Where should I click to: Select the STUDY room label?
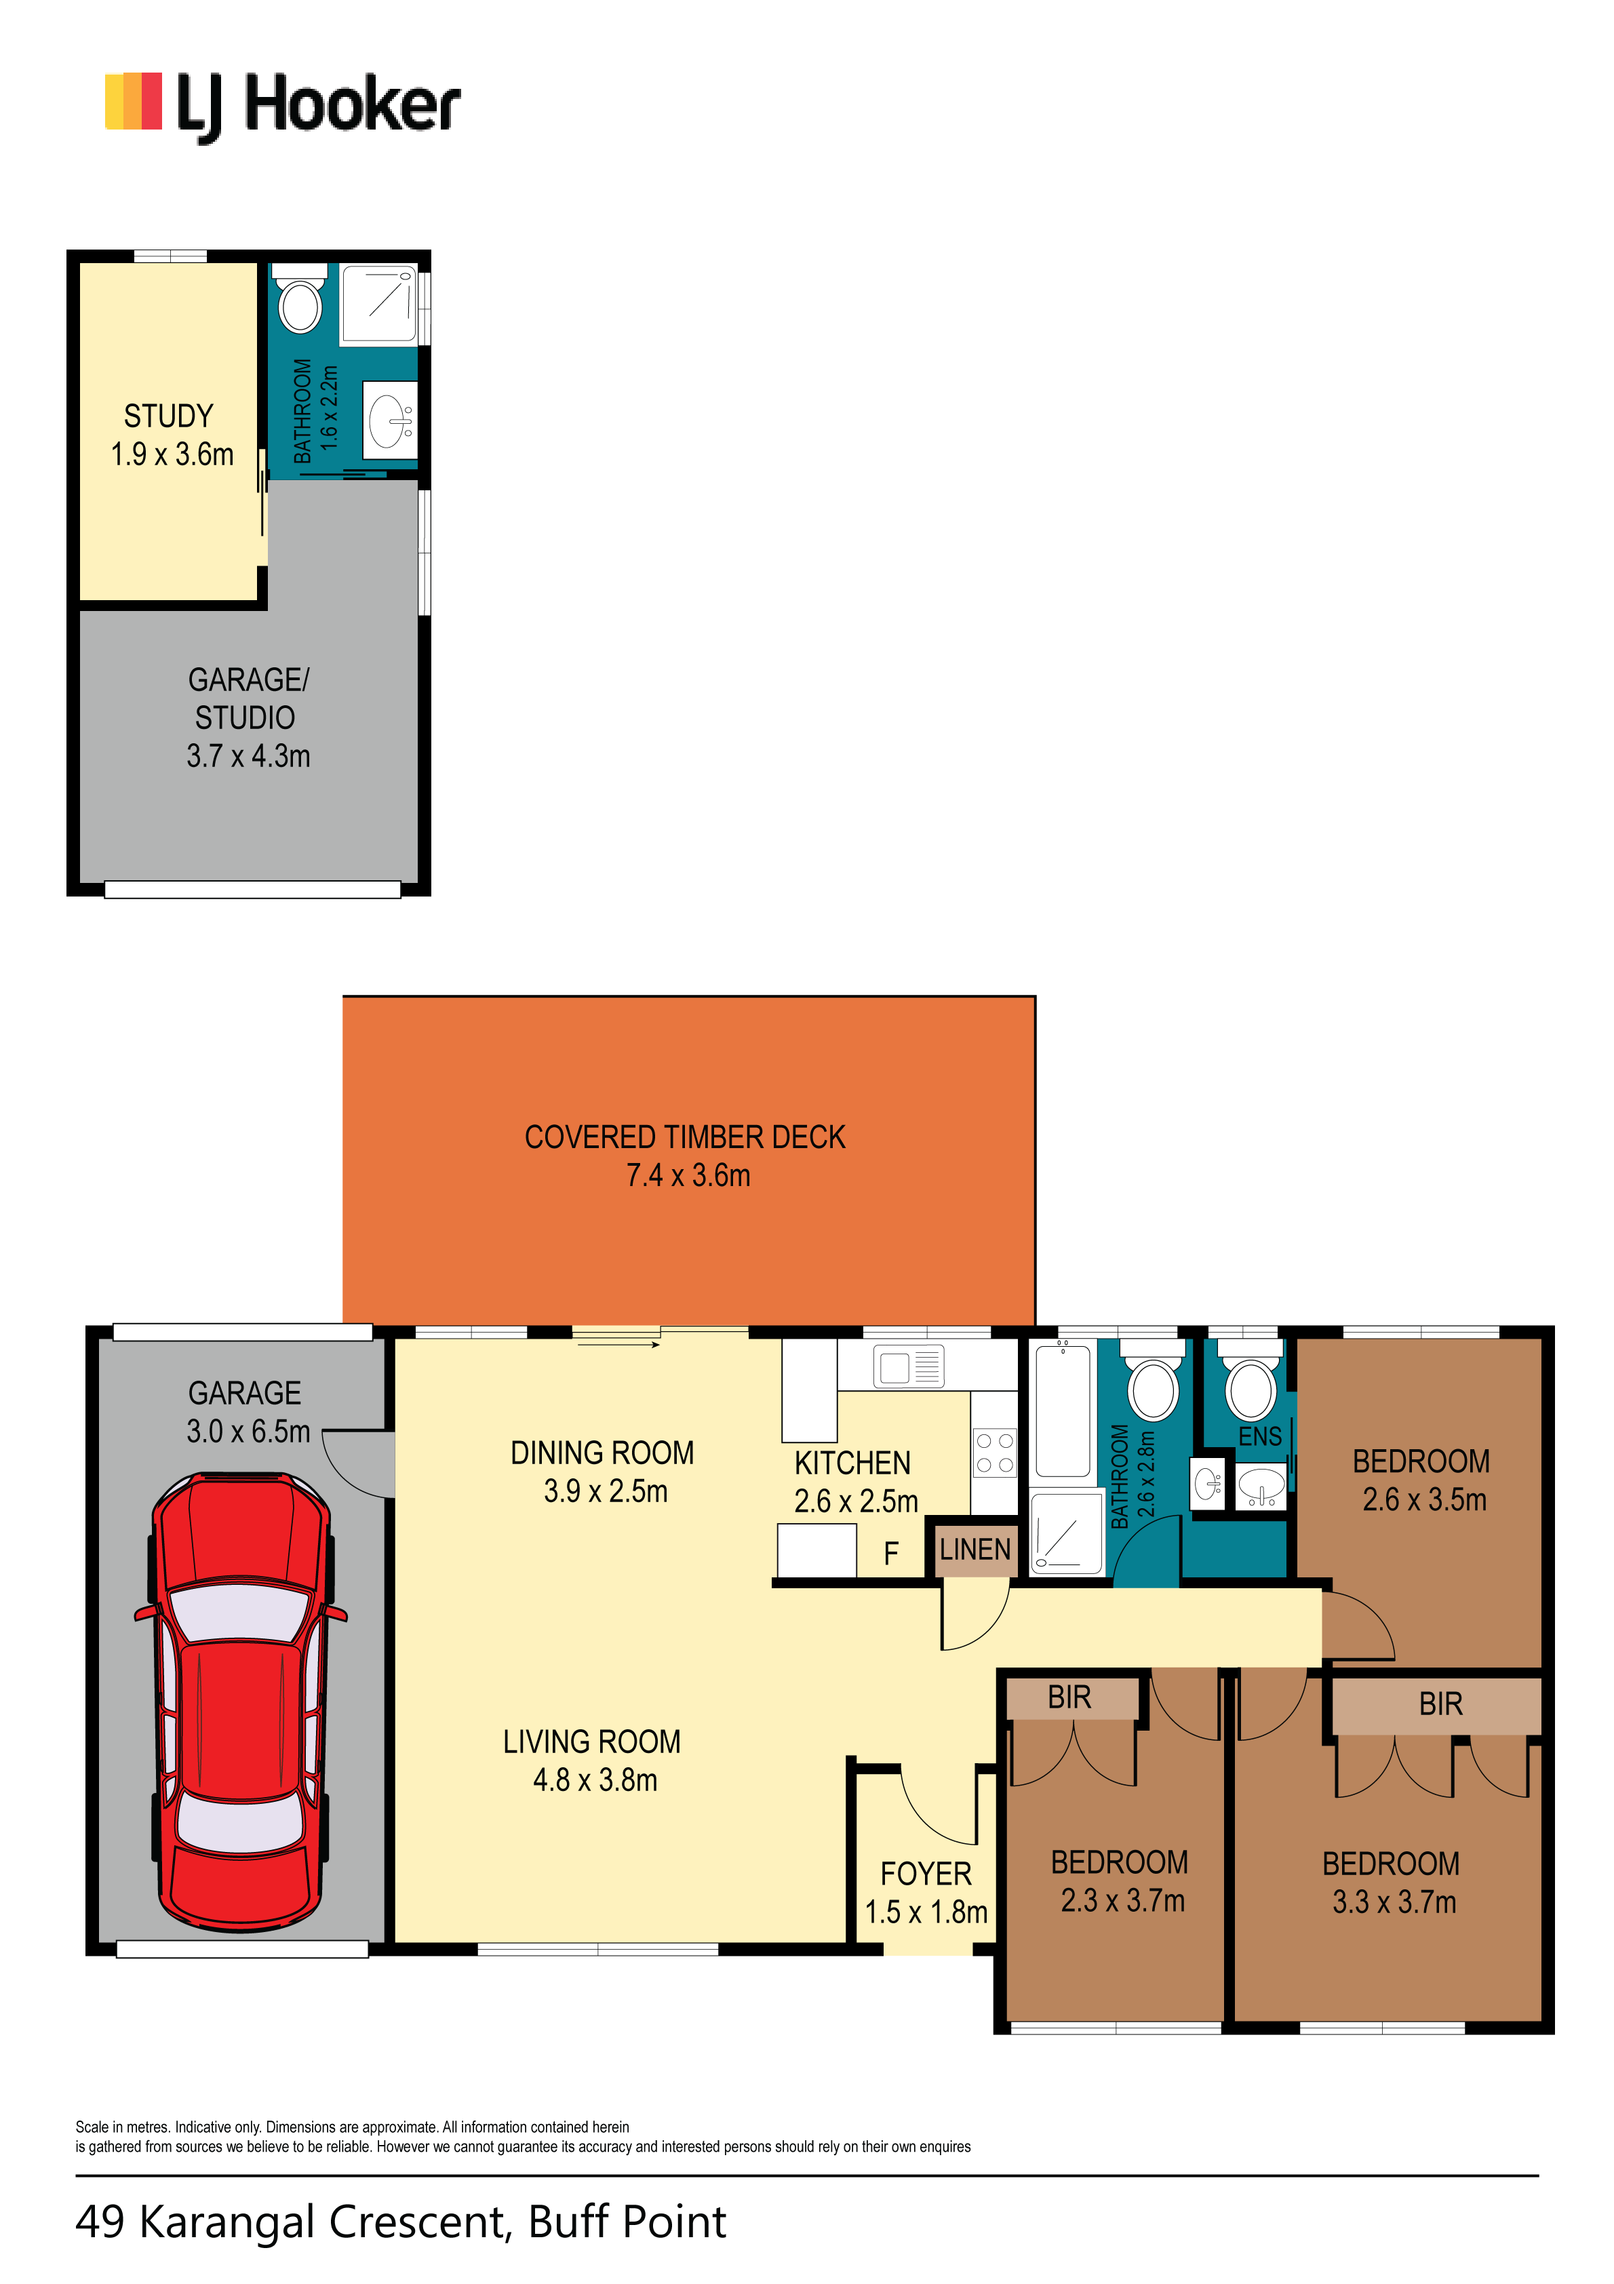[x=168, y=416]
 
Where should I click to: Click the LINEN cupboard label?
[x=975, y=1550]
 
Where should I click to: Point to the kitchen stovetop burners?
[x=994, y=1453]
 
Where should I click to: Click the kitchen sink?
[x=909, y=1365]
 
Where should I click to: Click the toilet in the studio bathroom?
[x=300, y=298]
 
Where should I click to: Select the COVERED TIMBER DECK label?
[x=685, y=1137]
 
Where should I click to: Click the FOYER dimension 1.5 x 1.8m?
[x=926, y=1912]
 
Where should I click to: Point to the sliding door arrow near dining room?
[x=618, y=1345]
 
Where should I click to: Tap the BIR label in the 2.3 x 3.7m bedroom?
[x=1069, y=1697]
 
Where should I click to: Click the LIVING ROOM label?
[x=591, y=1742]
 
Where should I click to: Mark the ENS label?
[x=1260, y=1436]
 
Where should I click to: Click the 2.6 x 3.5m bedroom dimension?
[x=1424, y=1499]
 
